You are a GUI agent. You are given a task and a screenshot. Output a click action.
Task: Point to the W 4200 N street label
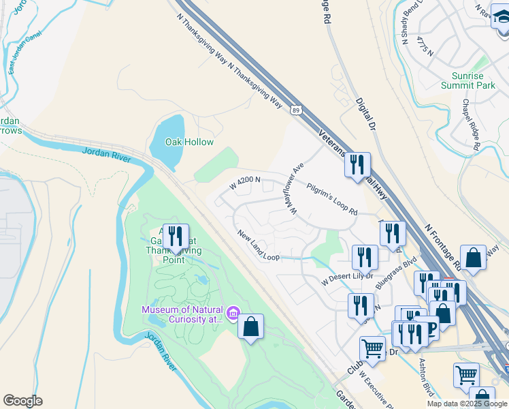pyautogui.click(x=246, y=182)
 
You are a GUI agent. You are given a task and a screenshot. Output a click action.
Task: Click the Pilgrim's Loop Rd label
pyautogui.click(x=331, y=199)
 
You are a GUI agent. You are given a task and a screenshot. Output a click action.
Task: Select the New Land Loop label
pyautogui.click(x=259, y=245)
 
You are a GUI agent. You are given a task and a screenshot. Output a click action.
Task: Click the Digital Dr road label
pyautogui.click(x=365, y=113)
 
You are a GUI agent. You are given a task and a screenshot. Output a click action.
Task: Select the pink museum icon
pyautogui.click(x=233, y=313)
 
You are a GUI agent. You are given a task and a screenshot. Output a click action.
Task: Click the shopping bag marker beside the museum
pyautogui.click(x=251, y=327)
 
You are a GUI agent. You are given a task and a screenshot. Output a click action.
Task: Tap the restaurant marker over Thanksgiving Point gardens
pyautogui.click(x=177, y=237)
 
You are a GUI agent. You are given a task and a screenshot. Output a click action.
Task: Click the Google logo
pyautogui.click(x=22, y=401)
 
